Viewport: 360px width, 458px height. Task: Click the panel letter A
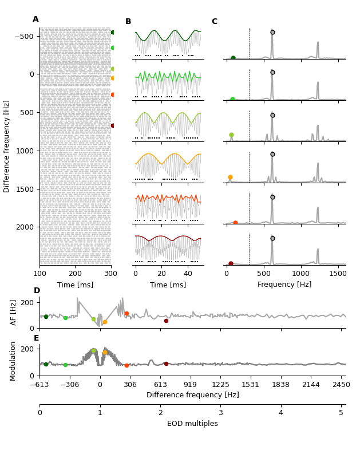click(x=35, y=19)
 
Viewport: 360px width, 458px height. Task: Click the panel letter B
click(x=128, y=22)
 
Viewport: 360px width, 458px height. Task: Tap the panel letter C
click(x=215, y=22)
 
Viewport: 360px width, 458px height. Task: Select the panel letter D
click(x=37, y=291)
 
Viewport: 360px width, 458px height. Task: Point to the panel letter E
click(x=37, y=338)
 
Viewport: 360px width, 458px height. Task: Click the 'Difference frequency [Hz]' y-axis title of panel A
click(x=7, y=146)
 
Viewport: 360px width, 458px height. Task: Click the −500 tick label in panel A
click(x=23, y=36)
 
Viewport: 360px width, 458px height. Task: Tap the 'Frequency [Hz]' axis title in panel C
click(x=284, y=285)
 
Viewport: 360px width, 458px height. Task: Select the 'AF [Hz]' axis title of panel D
click(x=14, y=313)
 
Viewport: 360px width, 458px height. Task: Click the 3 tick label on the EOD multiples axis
click(x=220, y=413)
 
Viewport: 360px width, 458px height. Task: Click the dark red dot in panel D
click(x=166, y=321)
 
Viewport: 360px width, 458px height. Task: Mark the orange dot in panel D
click(x=105, y=322)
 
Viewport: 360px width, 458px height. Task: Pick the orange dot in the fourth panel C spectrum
click(x=230, y=177)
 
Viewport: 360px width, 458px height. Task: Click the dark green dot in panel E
click(x=46, y=364)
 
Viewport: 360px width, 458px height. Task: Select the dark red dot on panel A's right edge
click(x=113, y=125)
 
